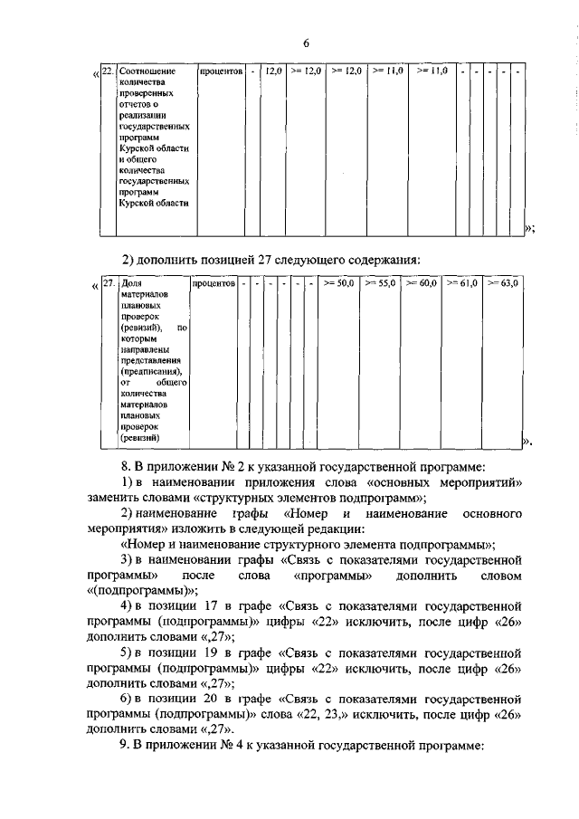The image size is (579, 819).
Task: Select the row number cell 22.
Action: [x=107, y=71]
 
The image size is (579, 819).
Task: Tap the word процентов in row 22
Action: [x=222, y=71]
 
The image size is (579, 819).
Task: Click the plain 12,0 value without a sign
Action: [x=272, y=71]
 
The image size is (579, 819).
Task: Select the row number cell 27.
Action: [x=108, y=283]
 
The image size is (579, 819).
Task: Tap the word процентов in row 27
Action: [x=214, y=283]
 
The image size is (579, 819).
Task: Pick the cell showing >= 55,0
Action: [x=381, y=283]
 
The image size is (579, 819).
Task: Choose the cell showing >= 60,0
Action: [x=422, y=283]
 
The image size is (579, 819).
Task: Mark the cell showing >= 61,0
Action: [x=462, y=283]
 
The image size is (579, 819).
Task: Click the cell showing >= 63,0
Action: [x=503, y=283]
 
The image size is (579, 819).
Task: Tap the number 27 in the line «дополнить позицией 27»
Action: [x=268, y=258]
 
